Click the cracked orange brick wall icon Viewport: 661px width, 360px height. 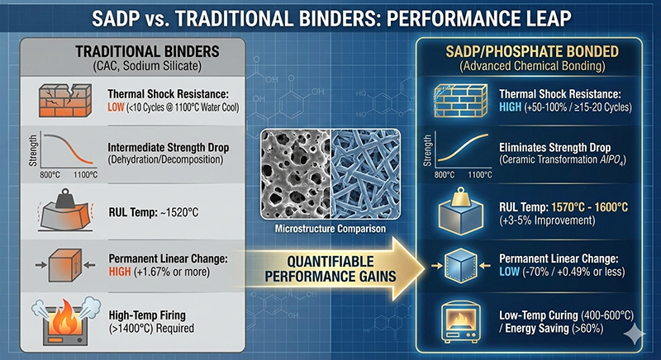(65, 100)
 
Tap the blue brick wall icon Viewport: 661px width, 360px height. (461, 100)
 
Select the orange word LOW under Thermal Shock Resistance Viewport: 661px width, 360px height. (116, 107)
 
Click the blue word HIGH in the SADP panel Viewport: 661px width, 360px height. (510, 107)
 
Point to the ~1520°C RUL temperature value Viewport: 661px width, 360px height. (179, 212)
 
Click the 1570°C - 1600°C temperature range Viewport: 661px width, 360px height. (589, 207)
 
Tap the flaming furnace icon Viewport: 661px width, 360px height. (65, 321)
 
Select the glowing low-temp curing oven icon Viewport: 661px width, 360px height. (460, 322)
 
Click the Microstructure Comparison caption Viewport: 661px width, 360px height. (330, 229)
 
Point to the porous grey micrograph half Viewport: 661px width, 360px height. (296, 174)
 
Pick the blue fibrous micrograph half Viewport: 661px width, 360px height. (365, 174)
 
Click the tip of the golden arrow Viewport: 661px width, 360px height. (425, 268)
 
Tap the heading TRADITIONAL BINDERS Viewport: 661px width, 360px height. (147, 52)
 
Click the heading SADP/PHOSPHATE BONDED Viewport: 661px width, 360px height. (532, 52)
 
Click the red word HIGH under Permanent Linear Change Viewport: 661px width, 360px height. (120, 272)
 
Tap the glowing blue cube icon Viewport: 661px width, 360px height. (461, 265)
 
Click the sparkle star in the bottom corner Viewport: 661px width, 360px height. (634, 335)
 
